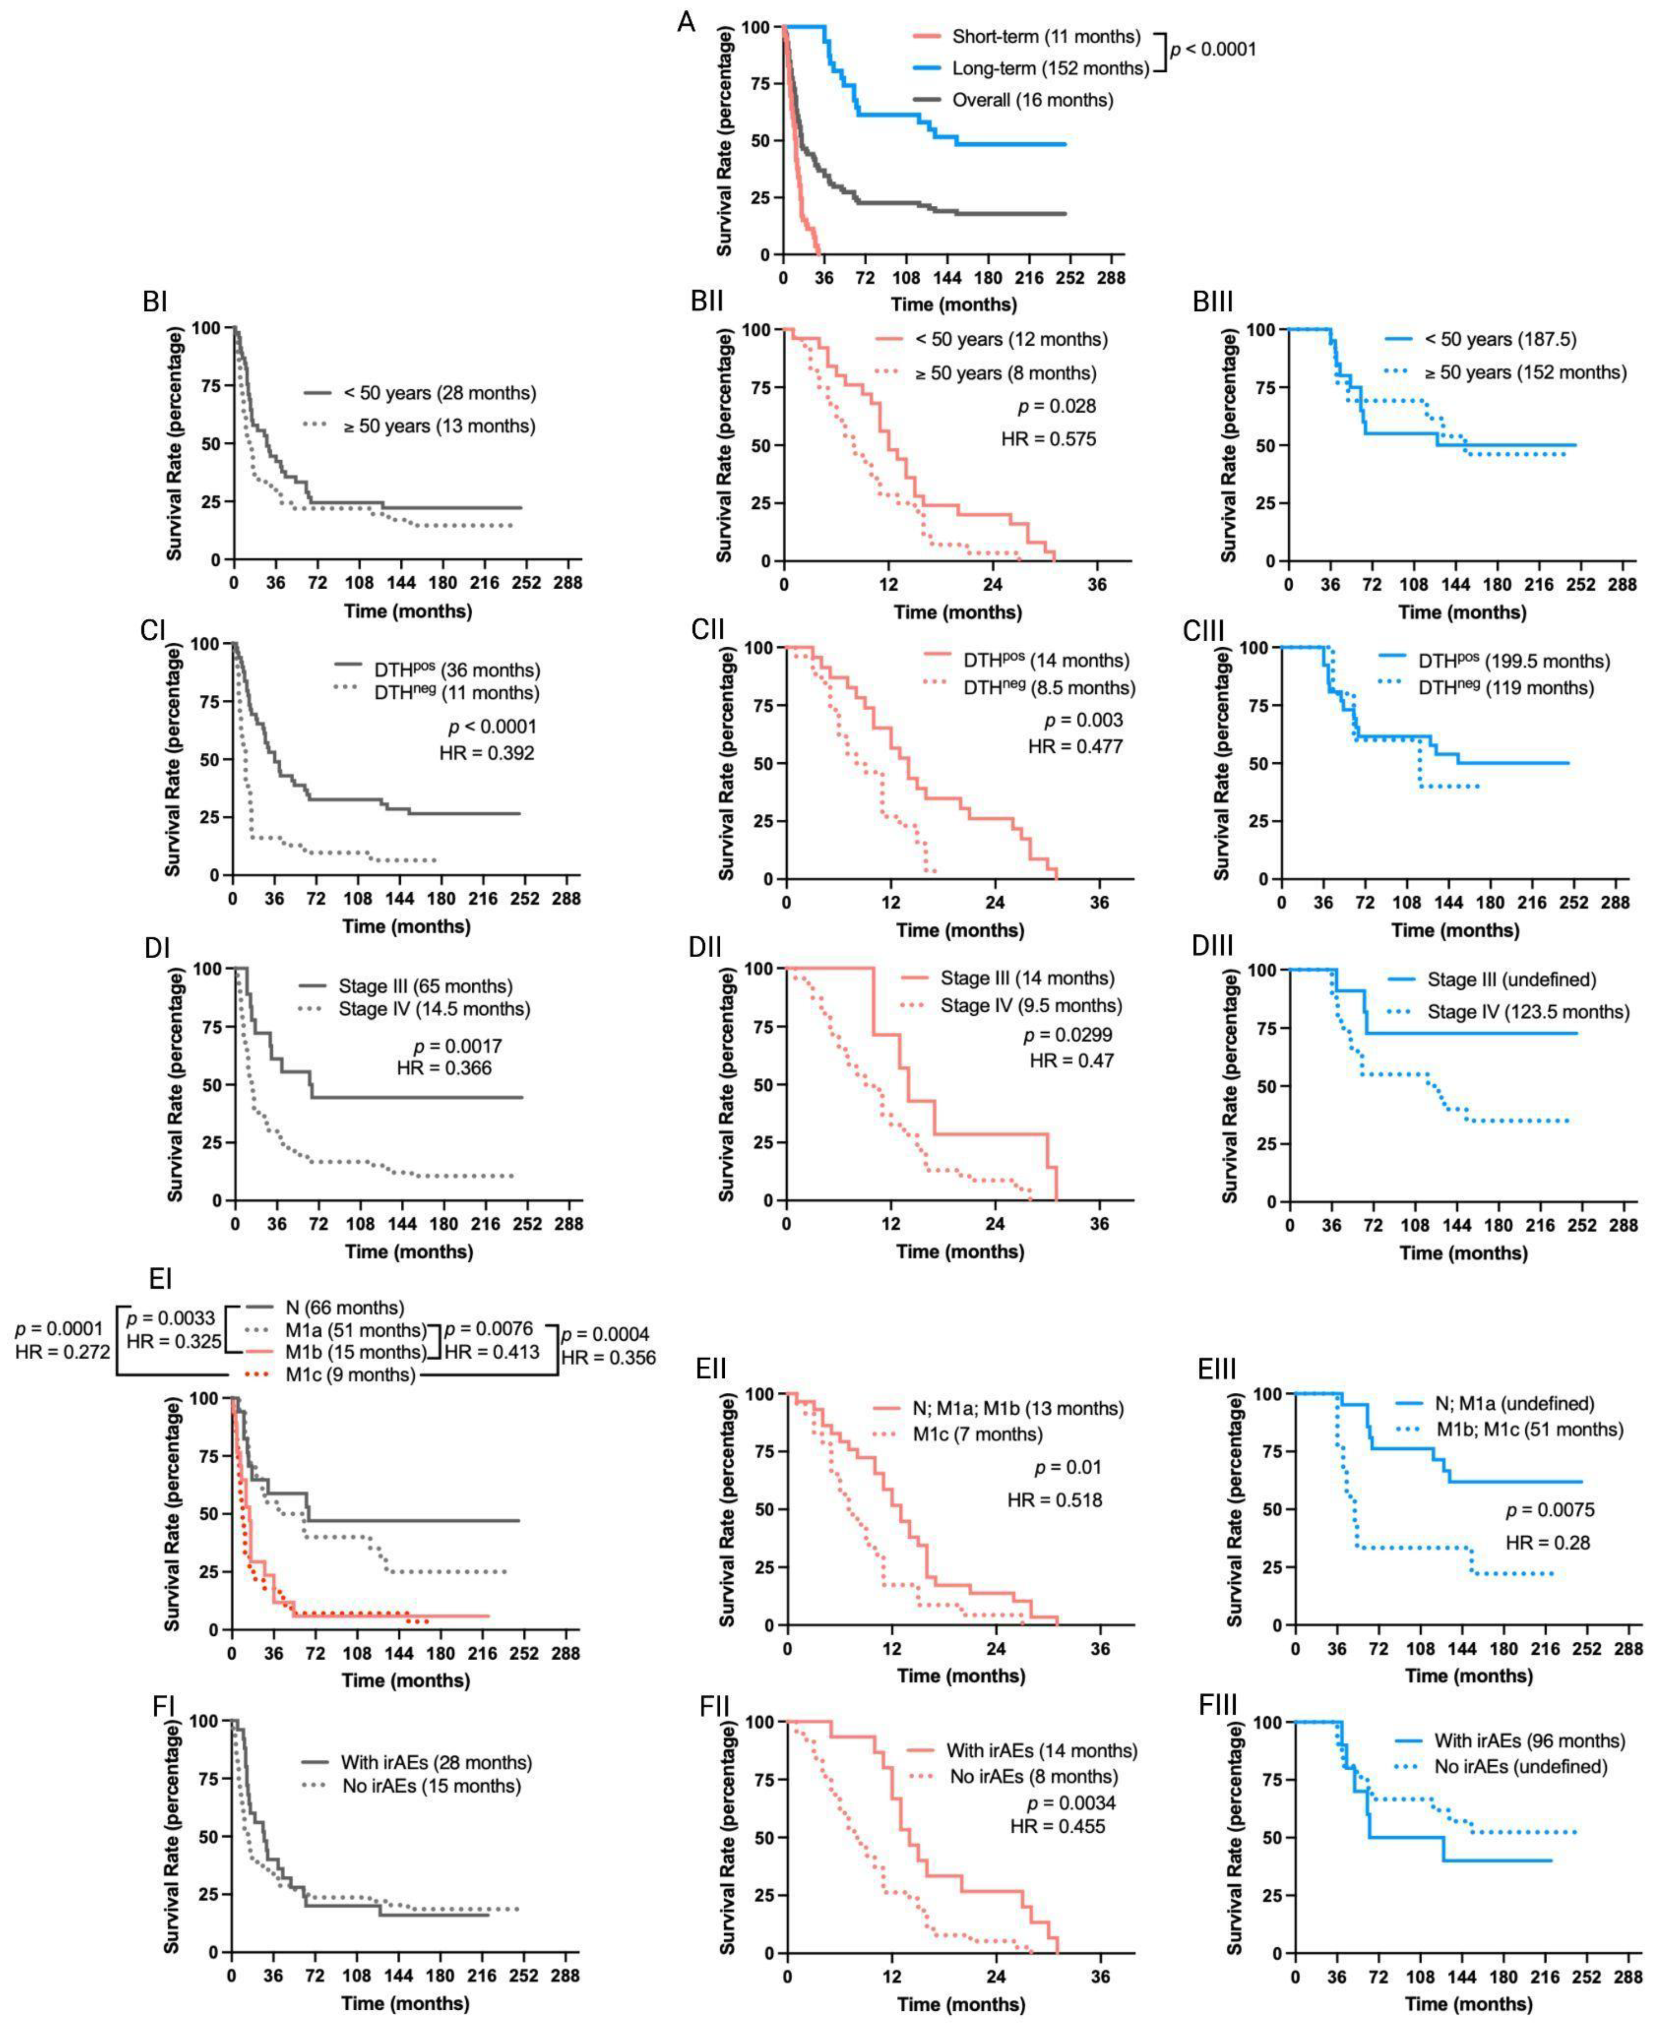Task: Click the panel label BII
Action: coord(708,302)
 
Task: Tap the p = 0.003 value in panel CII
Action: coord(1083,720)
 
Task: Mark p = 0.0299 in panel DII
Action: coord(1068,1035)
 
